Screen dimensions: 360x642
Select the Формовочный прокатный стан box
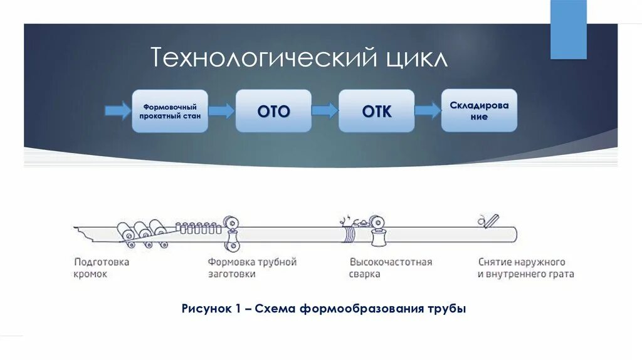pyautogui.click(x=170, y=110)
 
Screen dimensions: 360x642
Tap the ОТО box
pyautogui.click(x=273, y=110)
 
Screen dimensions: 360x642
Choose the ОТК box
pyautogui.click(x=376, y=110)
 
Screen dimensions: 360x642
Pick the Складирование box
pyautogui.click(x=479, y=110)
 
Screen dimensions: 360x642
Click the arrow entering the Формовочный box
pyautogui.click(x=117, y=110)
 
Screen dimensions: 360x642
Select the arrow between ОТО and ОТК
pyautogui.click(x=325, y=110)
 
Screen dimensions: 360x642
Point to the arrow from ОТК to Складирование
pyautogui.click(x=428, y=110)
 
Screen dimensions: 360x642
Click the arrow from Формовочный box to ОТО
pyautogui.click(x=221, y=110)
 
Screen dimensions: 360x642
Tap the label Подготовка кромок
pyautogui.click(x=101, y=268)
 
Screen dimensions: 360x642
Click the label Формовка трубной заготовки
pyautogui.click(x=252, y=268)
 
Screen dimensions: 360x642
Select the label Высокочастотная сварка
pyautogui.click(x=391, y=268)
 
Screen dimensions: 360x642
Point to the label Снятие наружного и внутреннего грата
pyautogui.click(x=525, y=268)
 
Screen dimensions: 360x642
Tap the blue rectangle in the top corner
pyautogui.click(x=568, y=29)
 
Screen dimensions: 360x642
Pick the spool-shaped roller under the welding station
pyautogui.click(x=377, y=239)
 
